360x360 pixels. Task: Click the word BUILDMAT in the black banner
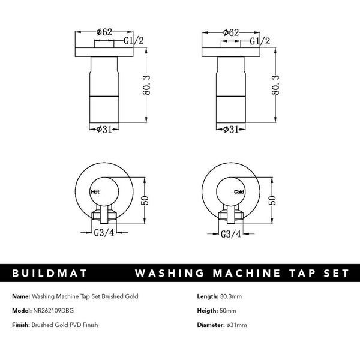(x=50, y=274)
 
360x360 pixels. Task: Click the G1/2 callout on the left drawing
(x=133, y=41)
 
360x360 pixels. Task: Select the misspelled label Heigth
(x=207, y=310)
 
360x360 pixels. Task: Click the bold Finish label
(x=22, y=325)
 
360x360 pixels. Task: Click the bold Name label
(x=20, y=296)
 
